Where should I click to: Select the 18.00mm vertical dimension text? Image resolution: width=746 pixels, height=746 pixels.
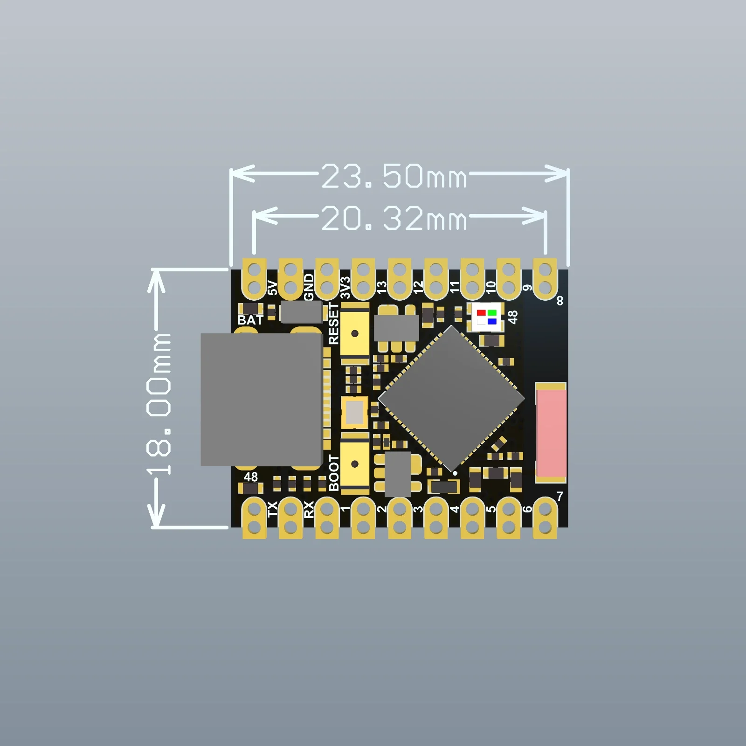click(x=159, y=404)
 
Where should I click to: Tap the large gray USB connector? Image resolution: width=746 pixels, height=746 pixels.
click(x=261, y=399)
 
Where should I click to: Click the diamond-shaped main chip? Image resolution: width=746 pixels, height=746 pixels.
click(x=451, y=399)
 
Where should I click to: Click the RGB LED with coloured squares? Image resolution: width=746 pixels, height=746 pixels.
click(x=487, y=317)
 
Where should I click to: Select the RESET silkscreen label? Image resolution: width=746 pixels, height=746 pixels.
click(x=333, y=324)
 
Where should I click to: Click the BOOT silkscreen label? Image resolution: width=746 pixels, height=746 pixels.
click(x=334, y=473)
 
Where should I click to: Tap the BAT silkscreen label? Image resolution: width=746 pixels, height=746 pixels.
click(x=250, y=320)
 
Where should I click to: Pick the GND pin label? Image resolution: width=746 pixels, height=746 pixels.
click(x=309, y=287)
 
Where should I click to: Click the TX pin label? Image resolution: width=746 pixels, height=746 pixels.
click(x=272, y=509)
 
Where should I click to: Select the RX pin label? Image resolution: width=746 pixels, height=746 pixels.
click(x=309, y=510)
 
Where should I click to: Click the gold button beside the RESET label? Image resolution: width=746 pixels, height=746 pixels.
click(x=355, y=333)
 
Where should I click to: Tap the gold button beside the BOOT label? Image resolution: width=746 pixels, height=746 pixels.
click(x=355, y=463)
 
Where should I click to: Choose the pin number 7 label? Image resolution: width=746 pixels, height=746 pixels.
click(x=559, y=496)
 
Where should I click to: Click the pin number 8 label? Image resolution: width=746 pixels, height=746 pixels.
click(x=560, y=301)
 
